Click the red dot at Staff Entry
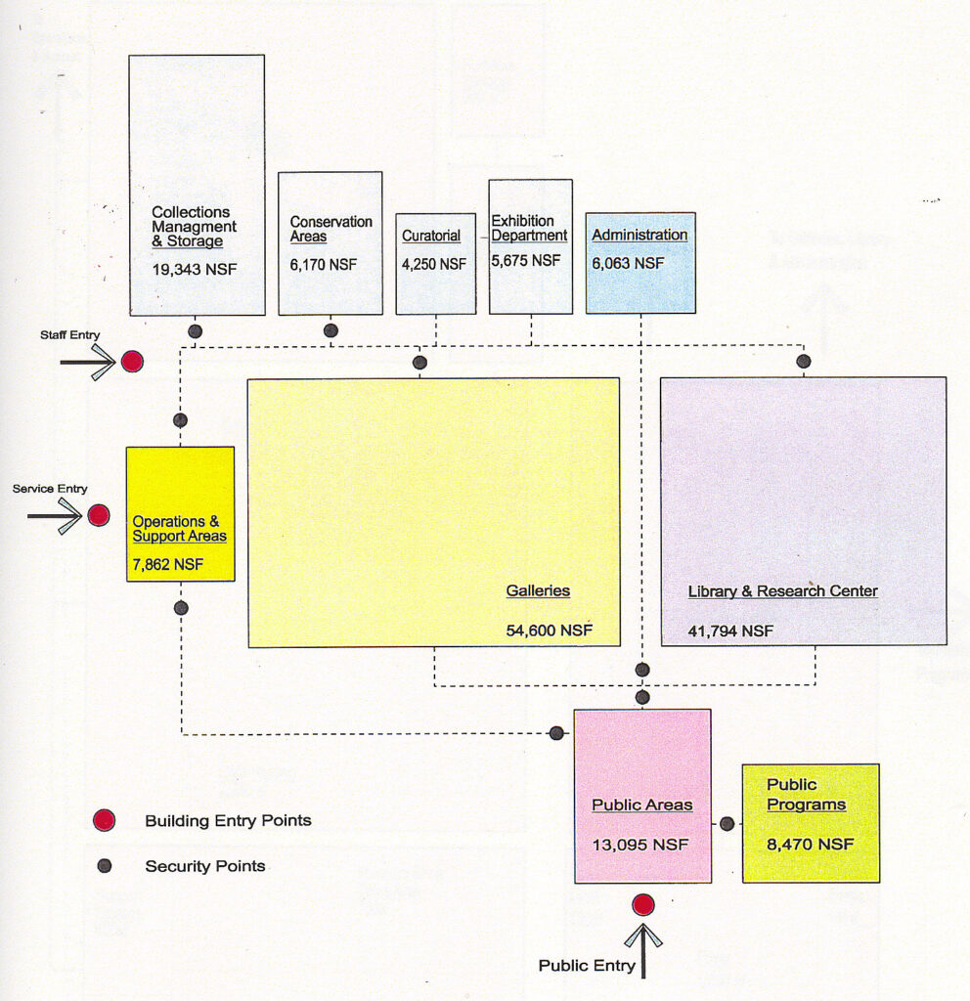[x=132, y=362]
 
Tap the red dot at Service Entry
[x=99, y=515]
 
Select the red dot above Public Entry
[x=642, y=904]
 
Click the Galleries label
[x=538, y=590]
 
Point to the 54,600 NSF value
[x=549, y=631]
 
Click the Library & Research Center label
[x=782, y=591]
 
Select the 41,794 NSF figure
[x=730, y=631]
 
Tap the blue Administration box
[x=640, y=262]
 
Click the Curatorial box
[x=435, y=263]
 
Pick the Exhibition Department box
[x=530, y=246]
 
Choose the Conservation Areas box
[x=330, y=243]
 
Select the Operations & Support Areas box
[x=180, y=513]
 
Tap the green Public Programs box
[x=810, y=823]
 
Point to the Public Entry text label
[x=587, y=966]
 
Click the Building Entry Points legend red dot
[x=105, y=821]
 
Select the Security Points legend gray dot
[x=105, y=865]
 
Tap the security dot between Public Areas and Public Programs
[x=727, y=823]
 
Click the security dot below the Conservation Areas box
[x=331, y=330]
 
